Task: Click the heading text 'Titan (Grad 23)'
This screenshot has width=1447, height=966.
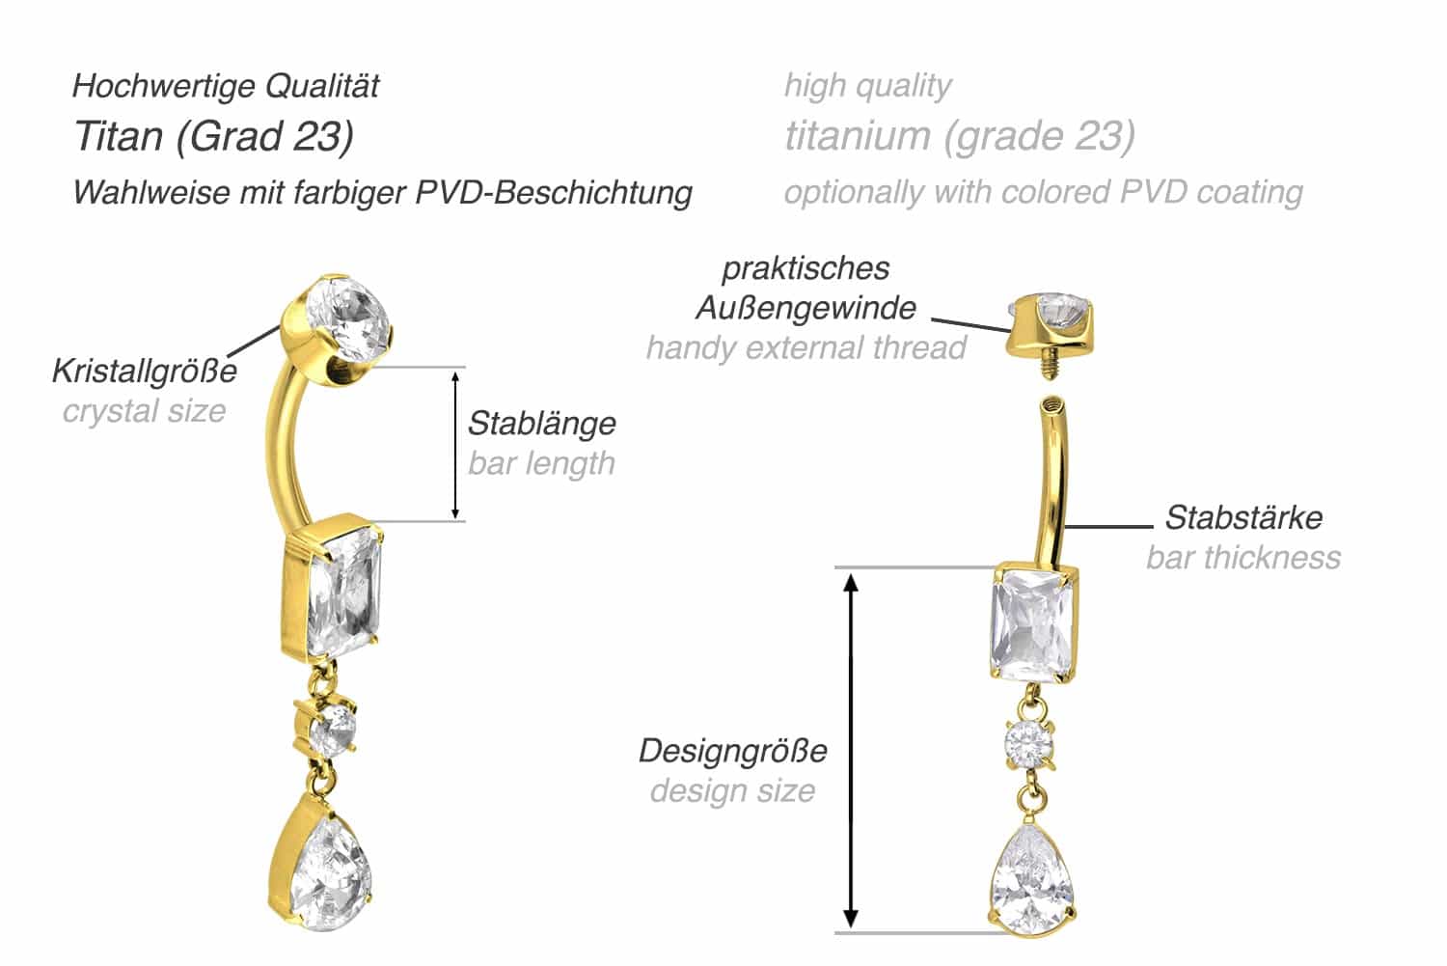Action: point(214,137)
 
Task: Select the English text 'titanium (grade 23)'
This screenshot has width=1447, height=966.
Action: point(959,137)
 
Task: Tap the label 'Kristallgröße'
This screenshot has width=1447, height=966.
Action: point(145,371)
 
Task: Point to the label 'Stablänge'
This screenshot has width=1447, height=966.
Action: point(542,424)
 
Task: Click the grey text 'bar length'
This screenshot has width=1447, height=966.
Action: point(541,463)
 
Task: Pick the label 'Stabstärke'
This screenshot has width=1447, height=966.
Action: point(1243,517)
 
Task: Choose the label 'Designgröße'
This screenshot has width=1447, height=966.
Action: point(733,751)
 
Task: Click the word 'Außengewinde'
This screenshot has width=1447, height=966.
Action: point(806,308)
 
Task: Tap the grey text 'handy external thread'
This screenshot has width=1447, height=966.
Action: point(806,347)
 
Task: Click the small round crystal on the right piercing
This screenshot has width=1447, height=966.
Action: point(1029,744)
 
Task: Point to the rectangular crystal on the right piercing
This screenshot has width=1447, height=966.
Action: point(1031,624)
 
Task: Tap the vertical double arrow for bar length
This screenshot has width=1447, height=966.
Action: point(455,445)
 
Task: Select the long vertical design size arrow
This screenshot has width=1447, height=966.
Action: point(851,751)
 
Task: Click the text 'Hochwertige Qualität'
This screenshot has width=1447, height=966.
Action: point(226,86)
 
